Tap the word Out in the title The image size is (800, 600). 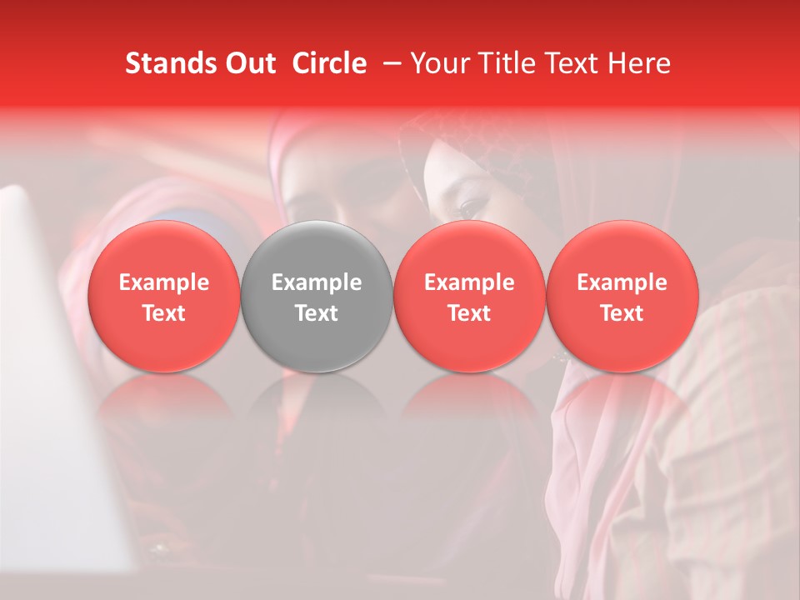pyautogui.click(x=249, y=63)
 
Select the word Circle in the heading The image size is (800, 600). pyautogui.click(x=329, y=63)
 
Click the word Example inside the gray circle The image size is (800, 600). pyautogui.click(x=317, y=282)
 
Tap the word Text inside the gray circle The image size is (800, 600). pyautogui.click(x=317, y=313)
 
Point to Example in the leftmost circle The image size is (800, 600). pyautogui.click(x=163, y=282)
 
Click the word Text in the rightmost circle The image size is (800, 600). pyautogui.click(x=622, y=313)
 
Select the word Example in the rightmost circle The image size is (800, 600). pyautogui.click(x=622, y=282)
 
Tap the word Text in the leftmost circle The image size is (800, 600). pyautogui.click(x=163, y=313)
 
